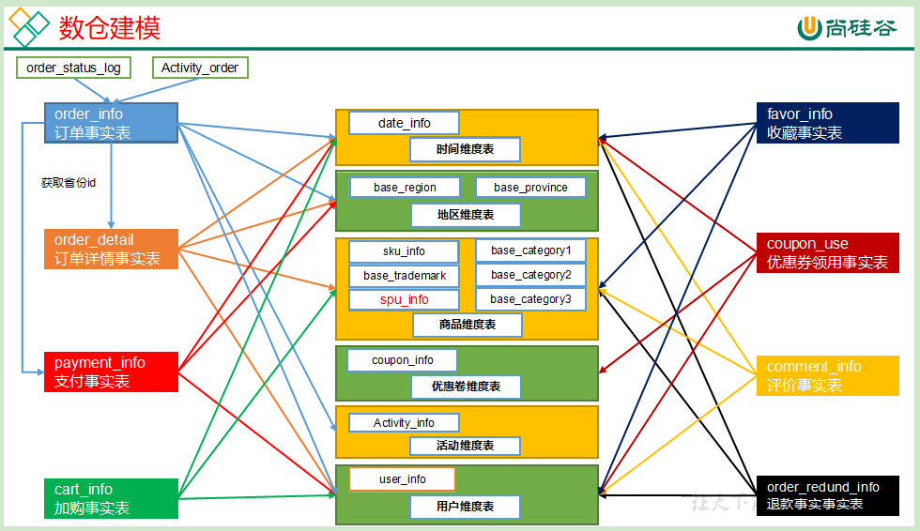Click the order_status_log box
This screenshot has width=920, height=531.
point(73,68)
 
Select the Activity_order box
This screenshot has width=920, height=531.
point(200,68)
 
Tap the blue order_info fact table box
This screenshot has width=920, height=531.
point(111,123)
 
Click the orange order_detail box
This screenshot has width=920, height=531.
point(111,249)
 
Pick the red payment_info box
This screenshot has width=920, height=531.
point(111,372)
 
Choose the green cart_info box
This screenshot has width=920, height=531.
point(111,498)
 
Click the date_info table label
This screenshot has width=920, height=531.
point(404,123)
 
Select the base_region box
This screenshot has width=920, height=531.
point(405,188)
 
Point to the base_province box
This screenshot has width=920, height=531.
point(530,188)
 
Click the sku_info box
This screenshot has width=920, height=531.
point(404,251)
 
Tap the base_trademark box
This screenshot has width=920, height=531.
point(404,276)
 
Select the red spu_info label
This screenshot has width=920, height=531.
point(404,300)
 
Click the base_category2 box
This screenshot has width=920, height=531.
point(530,275)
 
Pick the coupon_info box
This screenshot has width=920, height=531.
point(403,360)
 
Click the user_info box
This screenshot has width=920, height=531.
point(402,479)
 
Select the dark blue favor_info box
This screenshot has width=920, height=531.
point(827,123)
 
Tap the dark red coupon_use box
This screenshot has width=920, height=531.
point(827,252)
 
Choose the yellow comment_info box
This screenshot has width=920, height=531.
point(827,375)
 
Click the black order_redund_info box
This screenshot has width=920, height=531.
point(827,495)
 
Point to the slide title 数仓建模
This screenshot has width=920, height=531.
point(110,28)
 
